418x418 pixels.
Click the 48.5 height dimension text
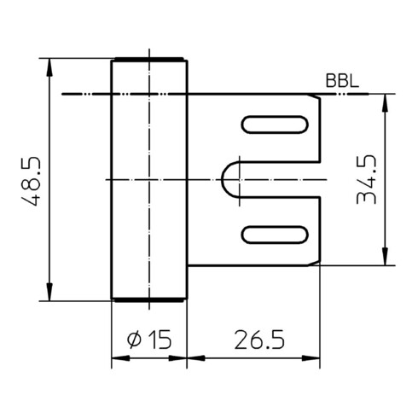tap(32, 180)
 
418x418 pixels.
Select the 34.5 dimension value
tap(367, 179)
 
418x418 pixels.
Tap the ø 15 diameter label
tap(149, 339)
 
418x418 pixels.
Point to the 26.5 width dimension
tap(259, 340)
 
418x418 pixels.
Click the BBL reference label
tap(342, 80)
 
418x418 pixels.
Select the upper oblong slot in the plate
tap(275, 125)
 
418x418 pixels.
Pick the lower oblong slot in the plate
tap(275, 235)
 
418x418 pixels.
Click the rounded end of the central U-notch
tap(223, 179)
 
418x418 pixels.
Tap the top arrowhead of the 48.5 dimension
tap(49, 67)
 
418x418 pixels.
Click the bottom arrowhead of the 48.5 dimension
tap(49, 292)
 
